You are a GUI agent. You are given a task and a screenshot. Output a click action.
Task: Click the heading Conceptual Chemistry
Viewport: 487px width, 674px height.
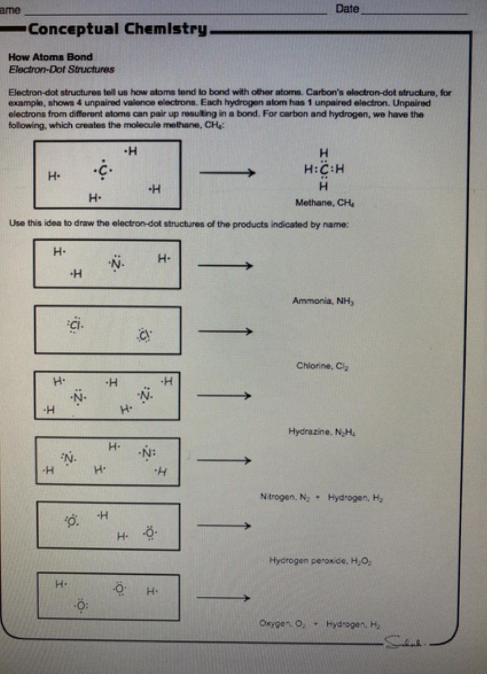coord(117,29)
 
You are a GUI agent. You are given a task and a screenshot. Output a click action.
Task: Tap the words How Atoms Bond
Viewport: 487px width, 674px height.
coord(50,57)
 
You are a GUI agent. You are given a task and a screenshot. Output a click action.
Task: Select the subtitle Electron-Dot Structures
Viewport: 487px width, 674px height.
coord(61,69)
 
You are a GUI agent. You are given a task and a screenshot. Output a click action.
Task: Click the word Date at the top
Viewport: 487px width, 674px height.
coord(347,9)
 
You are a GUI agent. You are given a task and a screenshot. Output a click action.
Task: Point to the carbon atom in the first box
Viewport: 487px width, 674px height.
coord(103,170)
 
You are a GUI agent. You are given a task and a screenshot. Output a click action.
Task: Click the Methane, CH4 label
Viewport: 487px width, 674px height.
coord(325,203)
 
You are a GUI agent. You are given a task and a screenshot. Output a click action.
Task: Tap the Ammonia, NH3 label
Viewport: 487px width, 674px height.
coord(323,301)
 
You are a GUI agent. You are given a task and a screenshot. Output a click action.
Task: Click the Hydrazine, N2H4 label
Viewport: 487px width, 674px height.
coord(322,432)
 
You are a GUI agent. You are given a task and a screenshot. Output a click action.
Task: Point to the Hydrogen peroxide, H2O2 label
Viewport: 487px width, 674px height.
coord(321,560)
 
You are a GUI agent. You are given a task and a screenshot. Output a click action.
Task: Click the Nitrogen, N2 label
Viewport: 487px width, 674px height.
coord(284,497)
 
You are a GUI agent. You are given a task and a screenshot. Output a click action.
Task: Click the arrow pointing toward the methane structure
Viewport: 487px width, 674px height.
coord(227,172)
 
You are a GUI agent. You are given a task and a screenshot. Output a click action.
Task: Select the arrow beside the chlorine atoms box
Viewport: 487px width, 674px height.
coord(225,331)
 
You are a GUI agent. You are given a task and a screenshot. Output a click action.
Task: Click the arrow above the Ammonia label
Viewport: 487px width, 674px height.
coord(225,266)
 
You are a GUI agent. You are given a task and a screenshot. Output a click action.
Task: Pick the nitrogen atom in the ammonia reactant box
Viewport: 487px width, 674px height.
coord(116,264)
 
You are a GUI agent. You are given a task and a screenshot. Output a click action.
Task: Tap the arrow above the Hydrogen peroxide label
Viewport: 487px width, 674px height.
coord(224,526)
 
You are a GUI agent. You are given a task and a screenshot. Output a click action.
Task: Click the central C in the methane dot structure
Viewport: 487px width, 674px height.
coord(324,169)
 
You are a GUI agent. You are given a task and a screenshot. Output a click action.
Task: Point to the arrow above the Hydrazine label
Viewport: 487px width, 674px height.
coord(224,396)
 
